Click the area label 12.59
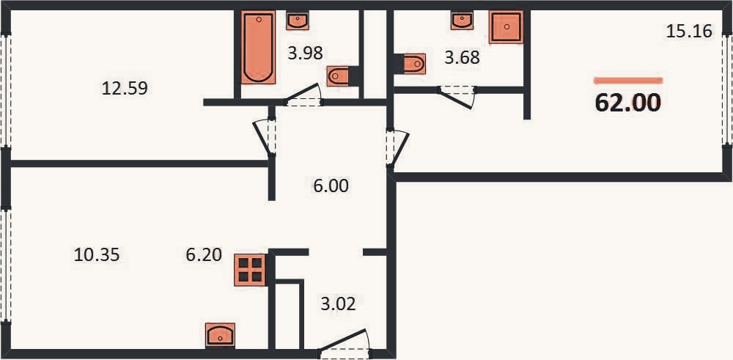[125, 88]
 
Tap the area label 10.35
[97, 255]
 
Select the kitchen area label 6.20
[203, 255]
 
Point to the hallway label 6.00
[331, 186]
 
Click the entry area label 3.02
[338, 304]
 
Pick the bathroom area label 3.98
[305, 53]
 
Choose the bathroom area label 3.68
[462, 58]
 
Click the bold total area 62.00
[628, 103]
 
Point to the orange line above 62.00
[628, 81]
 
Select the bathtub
[258, 48]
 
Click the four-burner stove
[250, 270]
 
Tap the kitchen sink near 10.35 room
[220, 335]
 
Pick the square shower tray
[506, 27]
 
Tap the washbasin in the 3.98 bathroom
[298, 21]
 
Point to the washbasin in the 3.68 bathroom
[463, 21]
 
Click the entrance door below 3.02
[344, 345]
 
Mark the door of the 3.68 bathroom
[457, 97]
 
